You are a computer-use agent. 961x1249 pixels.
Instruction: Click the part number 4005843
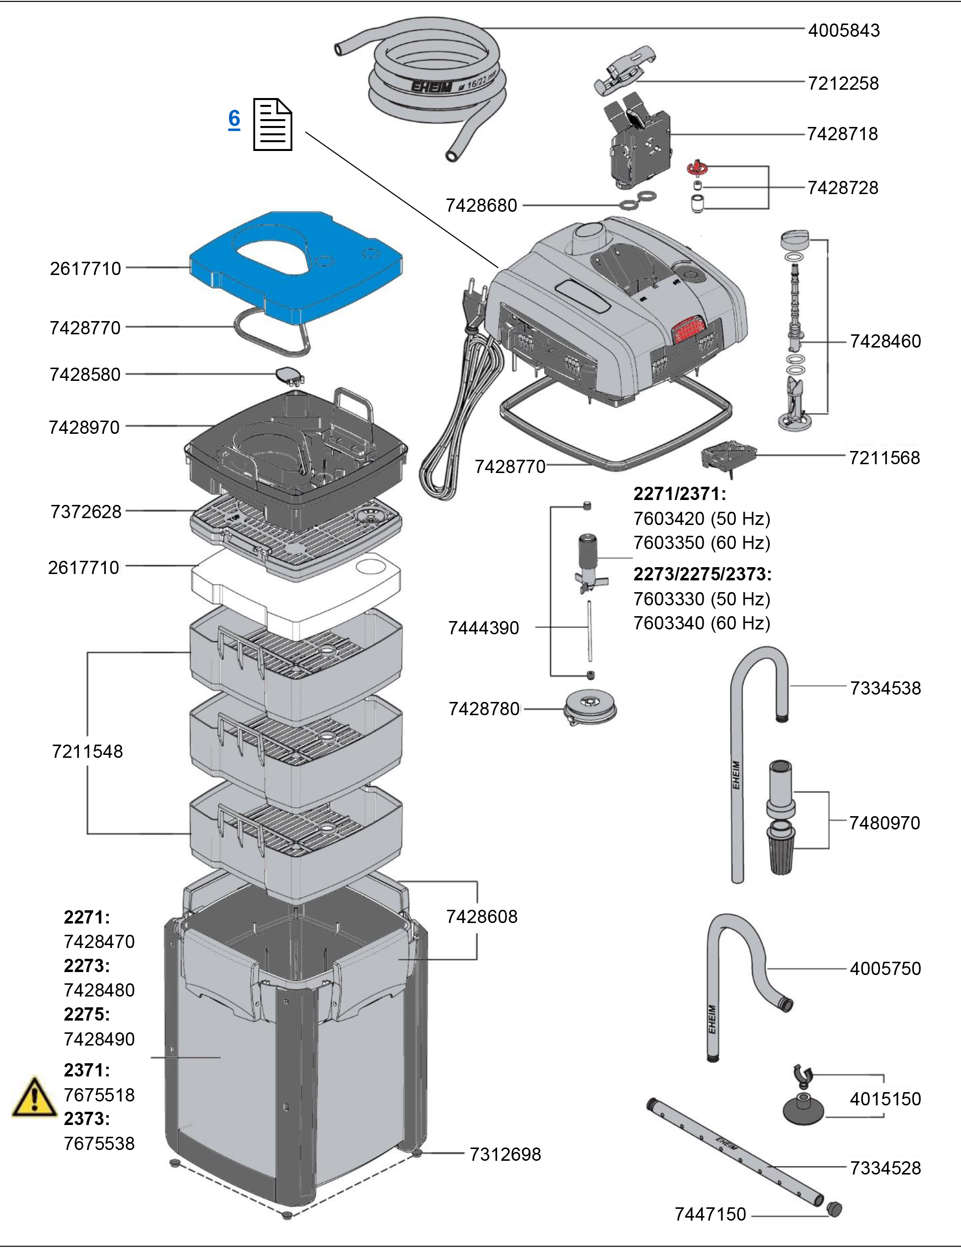coord(843,30)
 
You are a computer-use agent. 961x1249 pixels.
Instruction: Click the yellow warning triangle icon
coord(34,1098)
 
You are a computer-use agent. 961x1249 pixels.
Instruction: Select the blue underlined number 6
coord(234,119)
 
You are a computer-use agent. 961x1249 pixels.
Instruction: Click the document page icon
coord(273,124)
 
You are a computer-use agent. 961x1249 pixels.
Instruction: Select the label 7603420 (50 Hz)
coord(701,519)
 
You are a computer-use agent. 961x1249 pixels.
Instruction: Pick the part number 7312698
coord(505,1154)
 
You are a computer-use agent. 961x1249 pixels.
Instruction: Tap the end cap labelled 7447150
coord(835,1209)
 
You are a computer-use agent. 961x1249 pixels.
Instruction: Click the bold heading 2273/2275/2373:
coord(702,574)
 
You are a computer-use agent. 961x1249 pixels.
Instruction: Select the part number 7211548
coord(87,751)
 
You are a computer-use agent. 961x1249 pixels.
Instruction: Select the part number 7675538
coord(99,1143)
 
